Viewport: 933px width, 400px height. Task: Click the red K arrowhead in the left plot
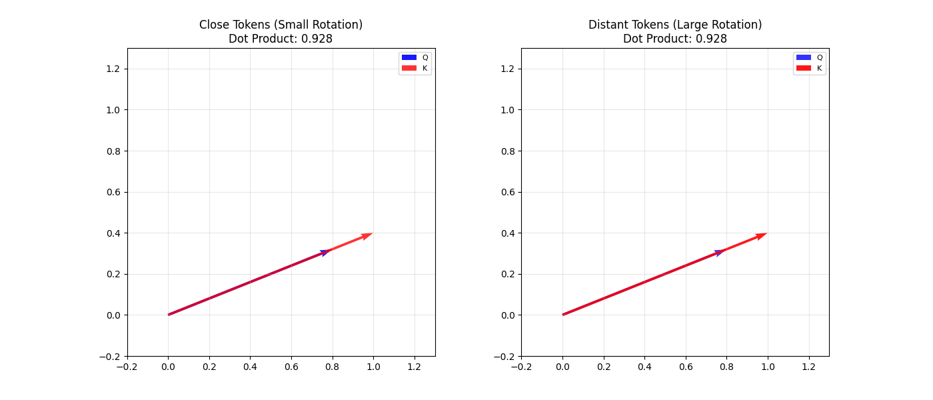tap(367, 235)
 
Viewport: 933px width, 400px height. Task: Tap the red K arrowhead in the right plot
tap(762, 235)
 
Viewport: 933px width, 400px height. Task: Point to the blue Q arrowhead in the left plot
tap(325, 252)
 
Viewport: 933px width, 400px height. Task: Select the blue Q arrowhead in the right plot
tap(719, 252)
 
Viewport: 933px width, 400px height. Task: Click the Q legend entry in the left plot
tap(415, 57)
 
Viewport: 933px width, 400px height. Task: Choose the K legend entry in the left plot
tap(415, 68)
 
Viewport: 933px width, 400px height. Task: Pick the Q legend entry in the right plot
tap(809, 57)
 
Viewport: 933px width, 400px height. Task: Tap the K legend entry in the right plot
tap(809, 68)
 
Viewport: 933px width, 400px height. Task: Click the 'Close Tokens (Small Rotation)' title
tap(281, 25)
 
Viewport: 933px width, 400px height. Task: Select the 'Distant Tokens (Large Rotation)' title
tap(675, 25)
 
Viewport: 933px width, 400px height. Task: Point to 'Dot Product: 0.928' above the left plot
tap(281, 39)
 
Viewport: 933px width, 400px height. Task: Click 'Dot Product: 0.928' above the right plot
tap(675, 39)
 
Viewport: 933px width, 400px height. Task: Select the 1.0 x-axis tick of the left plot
tap(373, 367)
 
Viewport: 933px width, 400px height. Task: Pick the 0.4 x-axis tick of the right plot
tap(644, 367)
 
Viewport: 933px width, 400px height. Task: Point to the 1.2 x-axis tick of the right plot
tap(808, 367)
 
